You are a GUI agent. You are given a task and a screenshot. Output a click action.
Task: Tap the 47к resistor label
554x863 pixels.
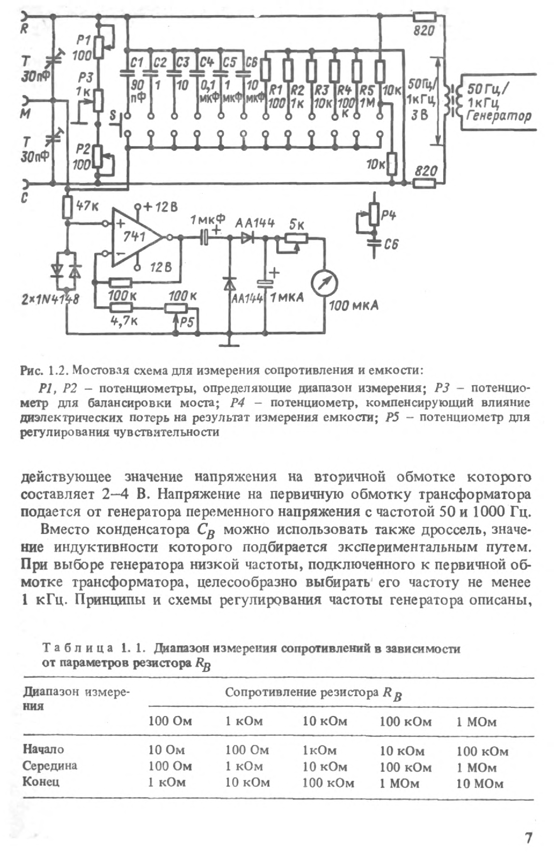coord(87,206)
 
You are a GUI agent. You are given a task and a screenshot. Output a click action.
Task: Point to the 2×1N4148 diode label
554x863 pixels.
coord(50,299)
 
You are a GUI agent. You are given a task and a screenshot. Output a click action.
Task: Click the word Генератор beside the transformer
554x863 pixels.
coord(498,116)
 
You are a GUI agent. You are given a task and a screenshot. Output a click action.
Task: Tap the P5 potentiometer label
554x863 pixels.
coord(187,322)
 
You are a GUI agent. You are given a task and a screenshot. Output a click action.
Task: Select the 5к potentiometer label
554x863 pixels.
coord(297,225)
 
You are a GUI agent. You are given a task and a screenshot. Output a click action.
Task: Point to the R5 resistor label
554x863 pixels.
coord(367,91)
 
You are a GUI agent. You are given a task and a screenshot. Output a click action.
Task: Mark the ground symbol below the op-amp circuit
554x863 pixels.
coord(229,344)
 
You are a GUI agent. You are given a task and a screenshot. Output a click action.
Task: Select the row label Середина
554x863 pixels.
coord(50,766)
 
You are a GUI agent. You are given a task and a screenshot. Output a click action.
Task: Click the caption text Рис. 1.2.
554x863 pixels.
coord(44,370)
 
